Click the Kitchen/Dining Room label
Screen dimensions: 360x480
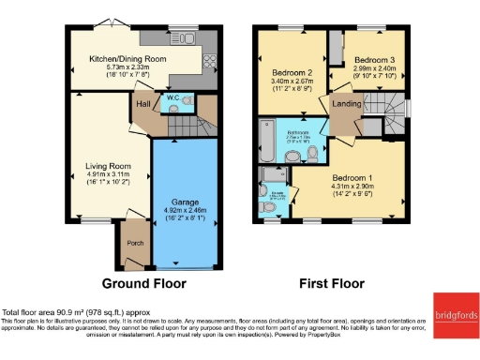pos(128,59)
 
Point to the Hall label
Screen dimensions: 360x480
pos(143,105)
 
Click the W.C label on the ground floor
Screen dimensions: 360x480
pos(173,97)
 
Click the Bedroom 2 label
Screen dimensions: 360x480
pos(292,72)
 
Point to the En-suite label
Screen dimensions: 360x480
pos(277,194)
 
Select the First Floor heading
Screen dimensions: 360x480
pos(331,282)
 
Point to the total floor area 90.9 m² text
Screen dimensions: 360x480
pos(75,312)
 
